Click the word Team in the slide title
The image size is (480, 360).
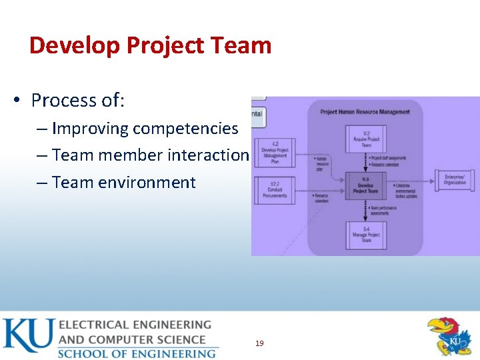[244, 45]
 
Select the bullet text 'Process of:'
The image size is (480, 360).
[78, 101]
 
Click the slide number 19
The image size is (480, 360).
[259, 343]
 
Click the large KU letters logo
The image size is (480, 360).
[27, 337]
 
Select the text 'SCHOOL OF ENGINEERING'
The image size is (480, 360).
[137, 353]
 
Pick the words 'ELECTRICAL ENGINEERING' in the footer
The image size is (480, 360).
[135, 325]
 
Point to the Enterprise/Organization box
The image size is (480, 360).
[455, 180]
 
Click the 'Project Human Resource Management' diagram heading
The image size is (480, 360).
[365, 112]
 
